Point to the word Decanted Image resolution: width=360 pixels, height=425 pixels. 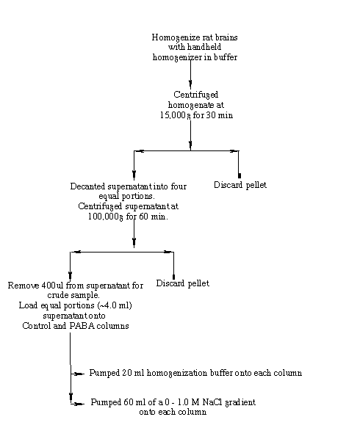(x=87, y=186)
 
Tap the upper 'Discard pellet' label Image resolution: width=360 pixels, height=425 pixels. (x=240, y=185)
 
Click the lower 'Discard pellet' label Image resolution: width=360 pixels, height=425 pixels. (x=183, y=283)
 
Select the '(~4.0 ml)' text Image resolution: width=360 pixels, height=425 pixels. (x=114, y=305)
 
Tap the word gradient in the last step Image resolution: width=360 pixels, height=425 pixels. (x=241, y=402)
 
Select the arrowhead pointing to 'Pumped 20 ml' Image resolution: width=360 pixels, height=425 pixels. (x=79, y=374)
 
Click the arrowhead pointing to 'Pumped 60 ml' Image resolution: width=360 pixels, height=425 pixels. (x=79, y=404)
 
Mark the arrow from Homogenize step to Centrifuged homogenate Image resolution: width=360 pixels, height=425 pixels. (x=190, y=74)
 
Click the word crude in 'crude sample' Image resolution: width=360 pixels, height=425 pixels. (x=58, y=295)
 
